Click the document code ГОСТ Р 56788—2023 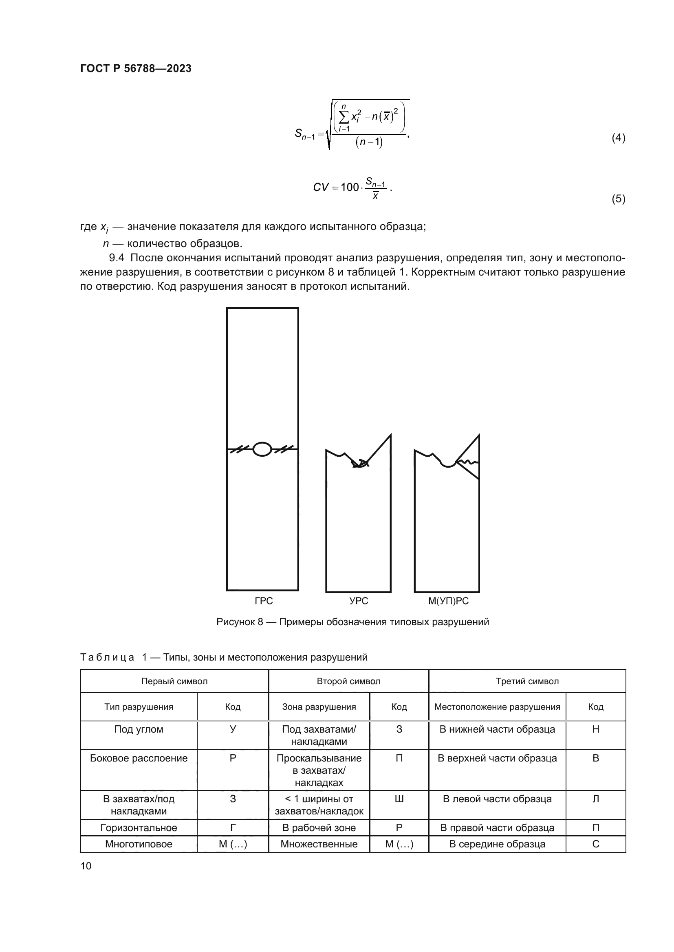pyautogui.click(x=136, y=68)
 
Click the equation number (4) pyautogui.click(x=618, y=138)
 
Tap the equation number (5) pyautogui.click(x=618, y=199)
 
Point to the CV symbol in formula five pyautogui.click(x=320, y=187)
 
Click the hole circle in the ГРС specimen pyautogui.click(x=262, y=449)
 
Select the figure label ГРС pyautogui.click(x=264, y=601)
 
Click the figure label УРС pyautogui.click(x=359, y=601)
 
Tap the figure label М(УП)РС pyautogui.click(x=448, y=601)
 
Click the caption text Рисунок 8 pyautogui.click(x=240, y=622)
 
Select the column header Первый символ pyautogui.click(x=174, y=681)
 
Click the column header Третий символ pyautogui.click(x=527, y=681)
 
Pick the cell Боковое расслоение pyautogui.click(x=139, y=758)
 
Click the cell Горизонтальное pyautogui.click(x=139, y=828)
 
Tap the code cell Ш pyautogui.click(x=399, y=799)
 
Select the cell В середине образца pyautogui.click(x=497, y=844)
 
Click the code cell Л pyautogui.click(x=596, y=799)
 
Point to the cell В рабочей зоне pyautogui.click(x=319, y=828)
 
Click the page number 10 pyautogui.click(x=86, y=866)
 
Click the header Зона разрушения pyautogui.click(x=319, y=707)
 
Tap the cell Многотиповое pyautogui.click(x=139, y=844)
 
